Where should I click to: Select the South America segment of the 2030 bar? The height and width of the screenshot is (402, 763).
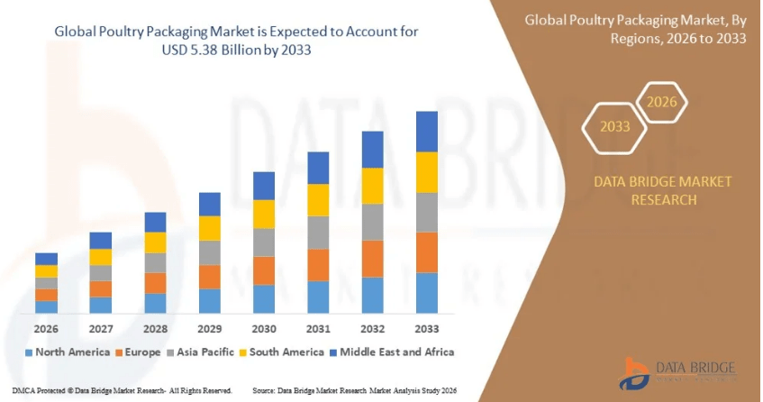point(264,214)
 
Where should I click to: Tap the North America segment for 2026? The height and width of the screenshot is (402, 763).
point(46,306)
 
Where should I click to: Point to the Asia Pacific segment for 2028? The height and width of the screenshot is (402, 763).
point(155,262)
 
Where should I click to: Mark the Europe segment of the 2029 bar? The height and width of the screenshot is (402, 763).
point(209,277)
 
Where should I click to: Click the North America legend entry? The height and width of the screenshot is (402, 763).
point(68,352)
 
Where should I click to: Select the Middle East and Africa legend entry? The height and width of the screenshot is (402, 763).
point(396,352)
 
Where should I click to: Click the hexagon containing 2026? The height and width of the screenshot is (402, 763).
point(662,101)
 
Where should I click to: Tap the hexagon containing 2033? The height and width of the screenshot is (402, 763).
point(615,127)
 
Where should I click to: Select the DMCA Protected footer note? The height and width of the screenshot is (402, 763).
point(116,390)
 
